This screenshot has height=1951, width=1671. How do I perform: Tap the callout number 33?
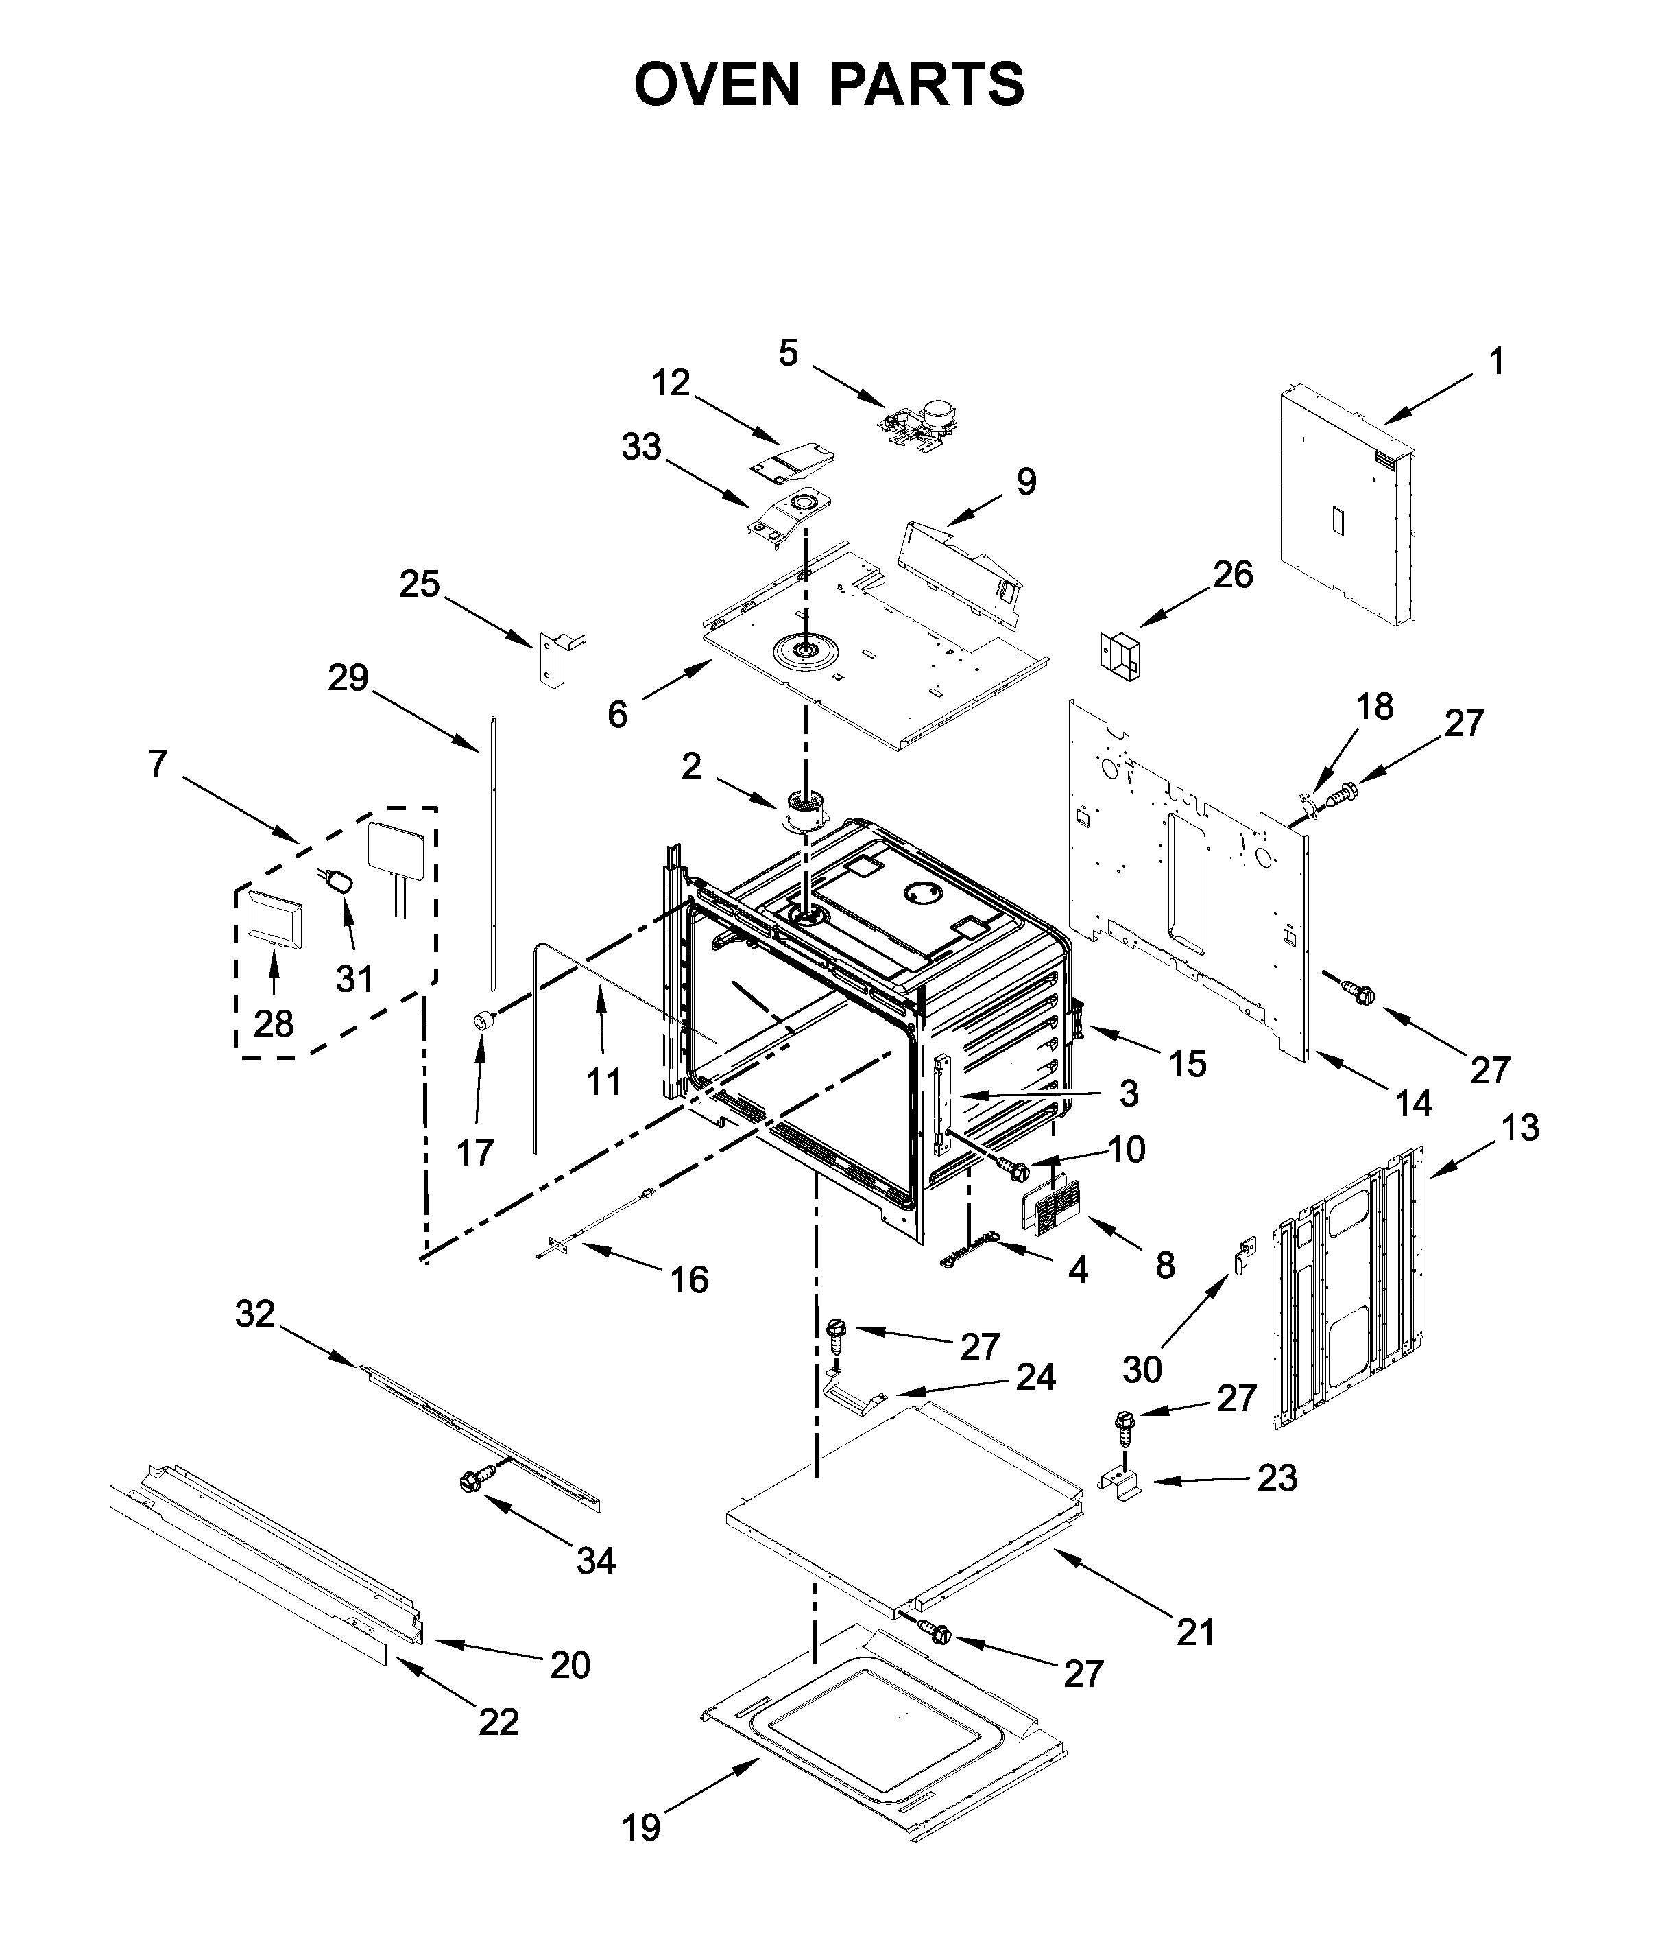pos(641,447)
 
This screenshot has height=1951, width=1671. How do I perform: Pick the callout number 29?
pos(348,678)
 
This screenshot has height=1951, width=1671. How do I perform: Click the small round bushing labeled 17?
pos(484,1021)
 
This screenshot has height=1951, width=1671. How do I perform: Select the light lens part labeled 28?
pos(274,917)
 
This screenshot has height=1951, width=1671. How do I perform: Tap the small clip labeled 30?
pos(1245,1255)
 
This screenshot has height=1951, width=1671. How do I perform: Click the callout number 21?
pos(1196,1632)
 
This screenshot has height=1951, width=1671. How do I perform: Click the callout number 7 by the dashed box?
pos(158,764)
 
